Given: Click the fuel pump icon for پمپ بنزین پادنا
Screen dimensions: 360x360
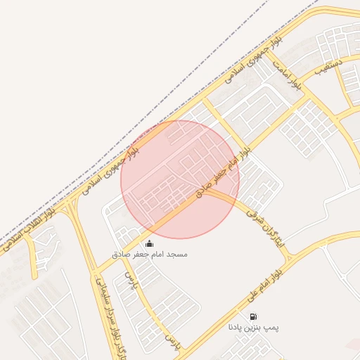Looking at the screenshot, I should (253, 317).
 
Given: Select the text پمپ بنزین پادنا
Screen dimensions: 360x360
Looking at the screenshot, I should (254, 327).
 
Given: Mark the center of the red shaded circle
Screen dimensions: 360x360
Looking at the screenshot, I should (180, 179).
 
